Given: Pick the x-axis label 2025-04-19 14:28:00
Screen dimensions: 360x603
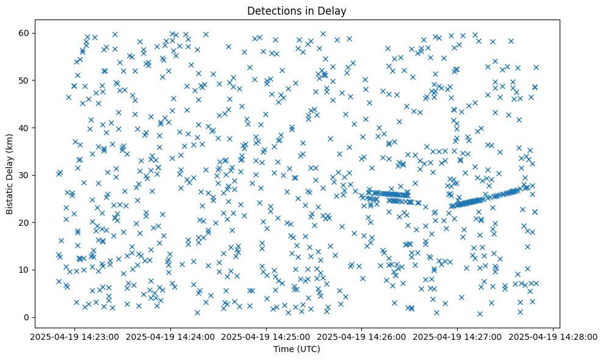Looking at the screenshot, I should click(552, 337).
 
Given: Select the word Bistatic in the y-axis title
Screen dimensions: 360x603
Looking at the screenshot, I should click(10, 198).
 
